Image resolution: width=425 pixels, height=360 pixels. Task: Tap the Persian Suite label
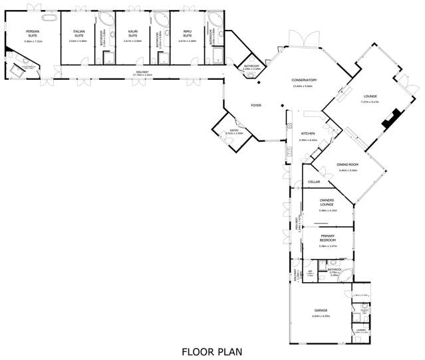(33, 33)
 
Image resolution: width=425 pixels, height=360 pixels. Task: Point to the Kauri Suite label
(132, 33)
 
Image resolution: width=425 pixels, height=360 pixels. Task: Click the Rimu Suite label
(187, 33)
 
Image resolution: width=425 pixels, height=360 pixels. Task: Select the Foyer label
(255, 106)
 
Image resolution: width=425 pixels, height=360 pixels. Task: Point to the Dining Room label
(347, 164)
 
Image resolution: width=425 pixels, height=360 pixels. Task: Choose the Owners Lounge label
(327, 202)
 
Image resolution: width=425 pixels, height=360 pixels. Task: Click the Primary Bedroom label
(327, 238)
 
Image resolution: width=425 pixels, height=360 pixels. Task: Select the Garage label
(321, 310)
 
